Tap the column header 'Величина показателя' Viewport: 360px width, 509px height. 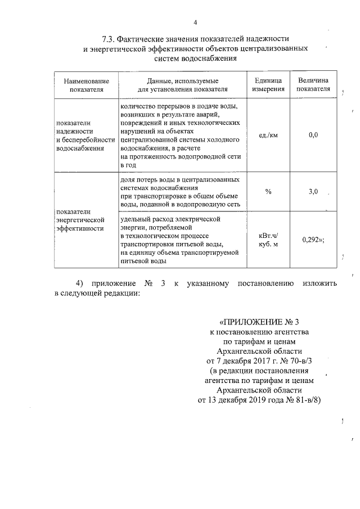313,85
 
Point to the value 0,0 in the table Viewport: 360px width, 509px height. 313,135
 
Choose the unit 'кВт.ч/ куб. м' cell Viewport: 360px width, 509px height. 268,240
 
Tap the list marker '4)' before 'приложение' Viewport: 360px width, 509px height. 79,283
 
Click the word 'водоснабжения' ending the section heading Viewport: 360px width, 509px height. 222,59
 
